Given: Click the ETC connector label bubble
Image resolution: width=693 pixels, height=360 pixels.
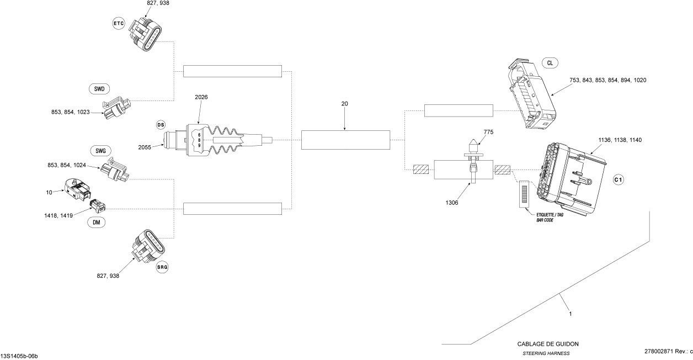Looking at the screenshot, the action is pos(119,23).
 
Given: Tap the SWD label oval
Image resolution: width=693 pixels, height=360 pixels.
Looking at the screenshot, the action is pos(99,89).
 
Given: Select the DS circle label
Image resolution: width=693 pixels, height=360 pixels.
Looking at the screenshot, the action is pos(161,125).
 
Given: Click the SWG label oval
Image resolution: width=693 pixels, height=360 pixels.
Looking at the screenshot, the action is pos(100,151).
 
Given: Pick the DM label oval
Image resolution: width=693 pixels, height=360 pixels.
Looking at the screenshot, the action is pos(97,223).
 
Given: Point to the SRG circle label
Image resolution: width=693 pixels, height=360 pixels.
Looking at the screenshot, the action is pos(162,267).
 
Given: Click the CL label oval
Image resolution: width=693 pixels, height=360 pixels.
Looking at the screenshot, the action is pos(550,63).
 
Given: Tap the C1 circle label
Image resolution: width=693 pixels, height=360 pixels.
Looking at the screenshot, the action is pos(619,180).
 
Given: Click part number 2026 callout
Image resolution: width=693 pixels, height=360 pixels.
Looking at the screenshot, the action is pos(201,97).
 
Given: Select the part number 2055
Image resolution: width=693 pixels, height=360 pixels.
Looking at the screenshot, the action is pos(145,147).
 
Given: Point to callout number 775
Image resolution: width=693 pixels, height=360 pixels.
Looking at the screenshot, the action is pos(488,132).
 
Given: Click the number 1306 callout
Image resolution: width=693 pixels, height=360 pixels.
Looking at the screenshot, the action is pos(452,203).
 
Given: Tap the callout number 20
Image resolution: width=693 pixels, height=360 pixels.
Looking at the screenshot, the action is pos(344,104).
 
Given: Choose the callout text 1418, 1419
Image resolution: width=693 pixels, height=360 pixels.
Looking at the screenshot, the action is pos(58,216).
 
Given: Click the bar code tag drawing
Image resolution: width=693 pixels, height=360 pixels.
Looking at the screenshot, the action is pos(525,194).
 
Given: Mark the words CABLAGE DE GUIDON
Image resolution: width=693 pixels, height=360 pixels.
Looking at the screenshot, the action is pos(547,344).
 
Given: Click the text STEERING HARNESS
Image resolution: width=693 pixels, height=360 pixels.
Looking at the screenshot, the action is pos(546,353).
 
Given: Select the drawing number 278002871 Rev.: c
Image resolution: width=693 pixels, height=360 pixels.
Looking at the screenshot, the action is pos(668,351).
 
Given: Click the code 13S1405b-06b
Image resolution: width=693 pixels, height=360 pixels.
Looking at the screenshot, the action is pos(19,356).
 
